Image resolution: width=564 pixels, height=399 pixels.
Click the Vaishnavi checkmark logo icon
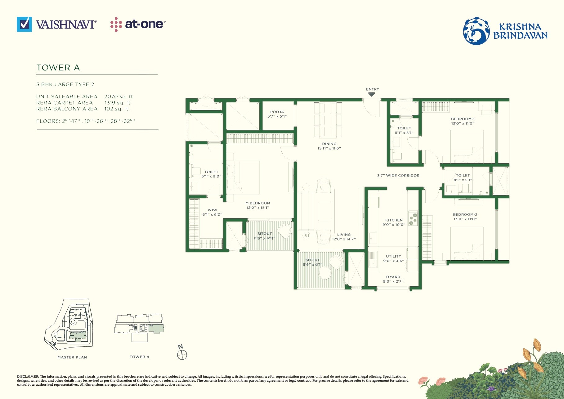24,24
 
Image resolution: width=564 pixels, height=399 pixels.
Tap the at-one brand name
144,24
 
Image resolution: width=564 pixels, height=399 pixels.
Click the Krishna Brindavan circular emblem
476,31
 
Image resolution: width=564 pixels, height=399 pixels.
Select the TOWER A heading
58,68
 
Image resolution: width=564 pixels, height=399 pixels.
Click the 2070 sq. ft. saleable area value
119,97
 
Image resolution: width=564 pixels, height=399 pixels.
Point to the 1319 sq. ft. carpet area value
118,103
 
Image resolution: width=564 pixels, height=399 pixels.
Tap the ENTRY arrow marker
372,95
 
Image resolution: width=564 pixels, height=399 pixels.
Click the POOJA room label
277,112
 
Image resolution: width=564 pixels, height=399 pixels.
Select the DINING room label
329,144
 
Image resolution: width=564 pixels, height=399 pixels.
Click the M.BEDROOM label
258,203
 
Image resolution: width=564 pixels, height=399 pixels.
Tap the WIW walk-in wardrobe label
213,210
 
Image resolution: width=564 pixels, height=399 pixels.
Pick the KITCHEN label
394,220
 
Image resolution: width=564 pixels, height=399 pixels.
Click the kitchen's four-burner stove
413,218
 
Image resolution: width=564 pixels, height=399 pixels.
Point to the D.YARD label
393,277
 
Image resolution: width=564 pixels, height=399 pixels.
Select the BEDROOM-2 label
465,215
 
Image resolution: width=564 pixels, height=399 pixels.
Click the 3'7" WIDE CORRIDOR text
398,176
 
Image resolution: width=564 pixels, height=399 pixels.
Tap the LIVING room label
344,235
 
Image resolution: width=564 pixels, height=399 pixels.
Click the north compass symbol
182,354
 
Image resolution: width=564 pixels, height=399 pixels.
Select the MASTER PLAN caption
72,357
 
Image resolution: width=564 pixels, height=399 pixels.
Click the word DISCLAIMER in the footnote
28,377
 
